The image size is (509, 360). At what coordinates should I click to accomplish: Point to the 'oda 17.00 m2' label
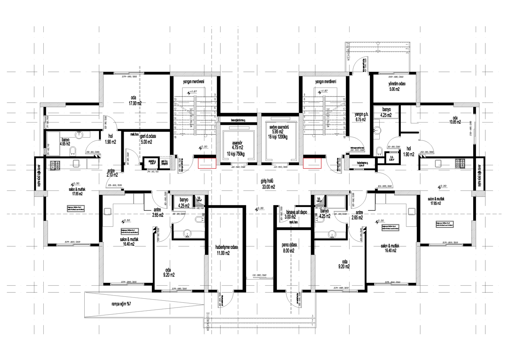coord(136,100)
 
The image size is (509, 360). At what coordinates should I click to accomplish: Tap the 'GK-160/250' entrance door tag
coord(259,275)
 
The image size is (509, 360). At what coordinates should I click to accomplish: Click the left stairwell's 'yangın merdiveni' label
coord(193,82)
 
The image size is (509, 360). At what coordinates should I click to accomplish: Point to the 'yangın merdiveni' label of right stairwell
coord(326,82)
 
